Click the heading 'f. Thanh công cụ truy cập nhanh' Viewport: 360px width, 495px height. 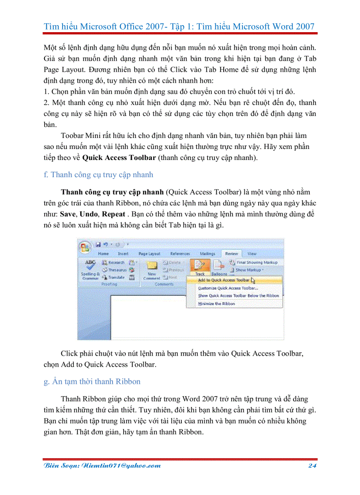click(x=98, y=175)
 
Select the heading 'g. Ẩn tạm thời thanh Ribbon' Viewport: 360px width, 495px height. click(x=92, y=381)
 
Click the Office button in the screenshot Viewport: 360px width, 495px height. click(x=85, y=246)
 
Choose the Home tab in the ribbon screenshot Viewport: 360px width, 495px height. click(x=103, y=254)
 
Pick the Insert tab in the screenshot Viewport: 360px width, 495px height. click(x=123, y=254)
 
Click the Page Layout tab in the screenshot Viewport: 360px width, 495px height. click(x=149, y=254)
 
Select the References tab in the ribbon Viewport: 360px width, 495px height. click(x=180, y=254)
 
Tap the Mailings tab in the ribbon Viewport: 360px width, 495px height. click(x=207, y=254)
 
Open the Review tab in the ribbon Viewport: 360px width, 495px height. click(x=231, y=254)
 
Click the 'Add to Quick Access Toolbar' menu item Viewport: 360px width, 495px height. click(x=224, y=280)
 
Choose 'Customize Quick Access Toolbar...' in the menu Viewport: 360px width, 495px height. click(x=228, y=288)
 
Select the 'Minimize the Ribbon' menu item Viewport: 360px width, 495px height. click(x=216, y=304)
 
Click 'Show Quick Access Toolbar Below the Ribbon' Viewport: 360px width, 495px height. click(x=238, y=296)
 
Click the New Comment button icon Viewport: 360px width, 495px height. click(x=152, y=266)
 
